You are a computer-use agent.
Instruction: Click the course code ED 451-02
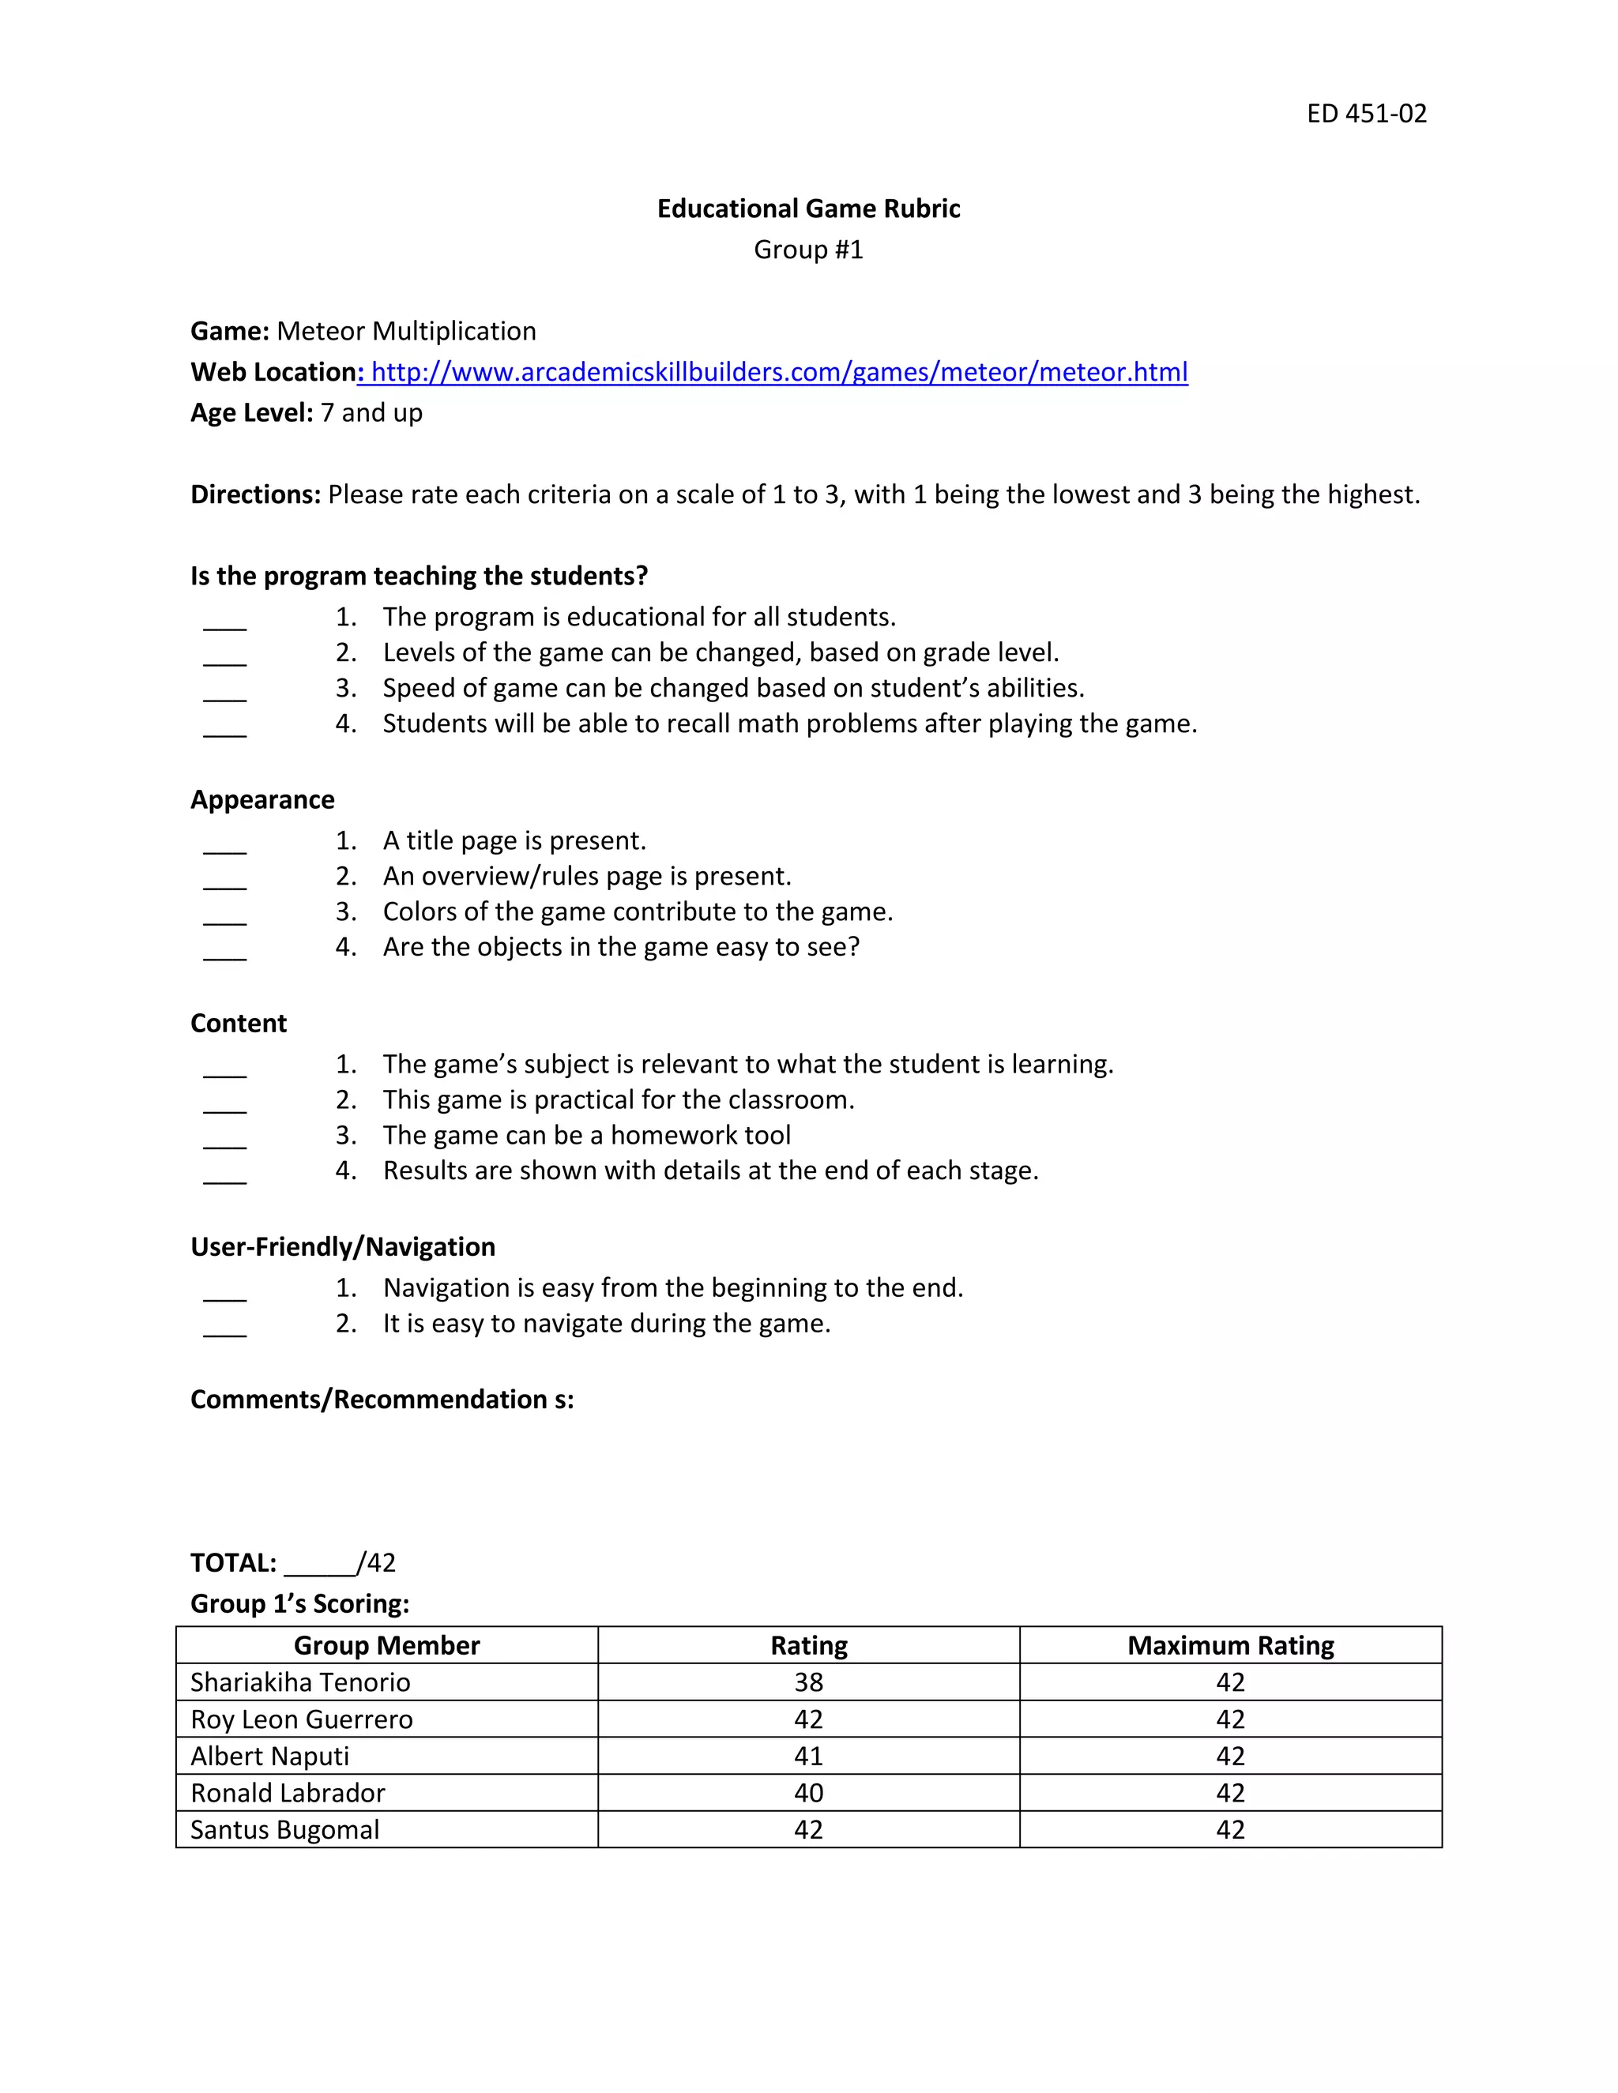click(1366, 114)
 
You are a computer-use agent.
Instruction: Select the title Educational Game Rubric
click(808, 209)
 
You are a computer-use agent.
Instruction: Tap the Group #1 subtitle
click(808, 250)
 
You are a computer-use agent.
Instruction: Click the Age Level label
click(251, 413)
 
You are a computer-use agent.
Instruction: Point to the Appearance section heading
click(262, 800)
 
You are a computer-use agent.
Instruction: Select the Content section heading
click(238, 1024)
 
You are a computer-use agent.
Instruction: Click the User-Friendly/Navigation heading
click(342, 1247)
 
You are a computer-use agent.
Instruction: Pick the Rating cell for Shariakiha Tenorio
click(808, 1683)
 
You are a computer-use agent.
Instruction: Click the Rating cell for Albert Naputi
click(808, 1757)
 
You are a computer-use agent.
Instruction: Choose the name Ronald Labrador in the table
click(288, 1793)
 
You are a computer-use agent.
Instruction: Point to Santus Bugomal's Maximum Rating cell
click(1230, 1831)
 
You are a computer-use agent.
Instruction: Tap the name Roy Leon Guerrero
click(301, 1719)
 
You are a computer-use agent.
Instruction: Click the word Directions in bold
click(255, 494)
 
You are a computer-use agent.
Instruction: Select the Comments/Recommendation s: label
click(382, 1400)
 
